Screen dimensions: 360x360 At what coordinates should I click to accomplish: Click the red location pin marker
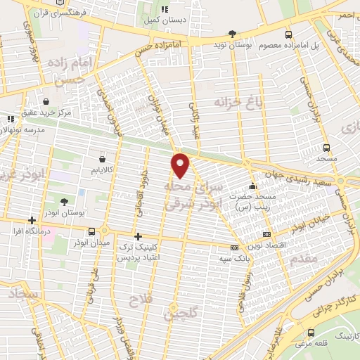point(181,165)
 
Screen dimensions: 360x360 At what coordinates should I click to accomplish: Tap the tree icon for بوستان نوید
point(233,34)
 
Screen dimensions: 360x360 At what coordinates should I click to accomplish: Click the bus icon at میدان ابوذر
point(92,231)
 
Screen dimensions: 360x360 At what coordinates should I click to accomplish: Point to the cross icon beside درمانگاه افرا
point(32,220)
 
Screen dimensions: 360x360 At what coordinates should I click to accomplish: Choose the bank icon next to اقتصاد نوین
point(266,234)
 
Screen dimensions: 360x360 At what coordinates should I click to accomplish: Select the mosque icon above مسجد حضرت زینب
point(253,186)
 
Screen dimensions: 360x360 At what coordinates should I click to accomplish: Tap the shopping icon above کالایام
point(103,159)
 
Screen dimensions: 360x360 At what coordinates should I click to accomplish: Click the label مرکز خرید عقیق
point(65,112)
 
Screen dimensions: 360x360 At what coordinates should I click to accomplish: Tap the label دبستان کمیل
point(165,21)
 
